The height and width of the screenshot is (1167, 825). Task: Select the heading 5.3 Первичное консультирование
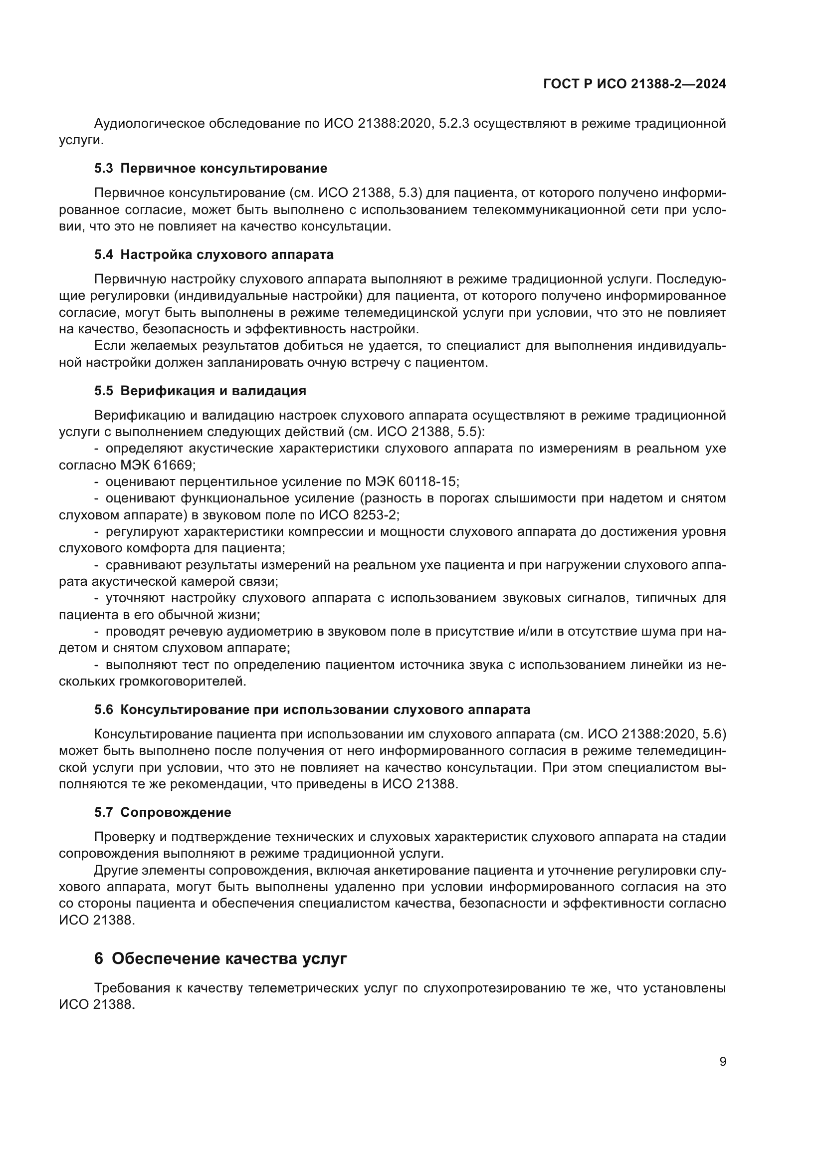(x=210, y=168)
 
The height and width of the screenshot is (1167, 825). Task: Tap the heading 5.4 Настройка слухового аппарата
(x=213, y=254)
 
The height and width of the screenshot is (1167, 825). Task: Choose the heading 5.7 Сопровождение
(x=162, y=812)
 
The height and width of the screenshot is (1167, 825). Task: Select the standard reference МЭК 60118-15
(x=412, y=482)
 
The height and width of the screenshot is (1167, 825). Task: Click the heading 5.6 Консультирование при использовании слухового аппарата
(x=312, y=709)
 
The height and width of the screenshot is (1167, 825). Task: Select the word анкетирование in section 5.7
(x=421, y=870)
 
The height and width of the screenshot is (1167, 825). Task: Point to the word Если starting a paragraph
(x=108, y=346)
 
